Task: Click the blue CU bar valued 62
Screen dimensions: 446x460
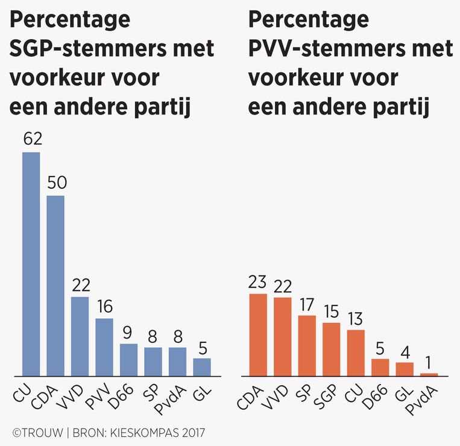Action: coord(31,264)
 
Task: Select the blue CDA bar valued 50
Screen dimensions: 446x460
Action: coord(55,286)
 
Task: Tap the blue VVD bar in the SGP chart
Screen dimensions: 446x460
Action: coord(80,336)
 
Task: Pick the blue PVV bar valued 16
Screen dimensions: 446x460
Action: coord(104,347)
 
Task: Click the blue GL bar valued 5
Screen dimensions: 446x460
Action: coord(202,367)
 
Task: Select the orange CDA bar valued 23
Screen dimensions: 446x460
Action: coord(258,334)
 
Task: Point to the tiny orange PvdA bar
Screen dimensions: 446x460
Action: coord(429,374)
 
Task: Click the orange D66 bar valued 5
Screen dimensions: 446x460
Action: coord(380,367)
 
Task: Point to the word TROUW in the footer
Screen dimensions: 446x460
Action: coord(42,432)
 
